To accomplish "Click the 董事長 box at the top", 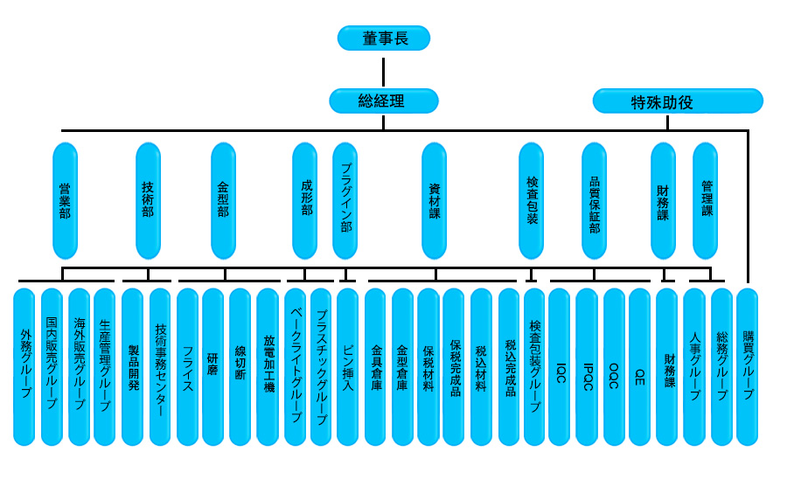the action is pyautogui.click(x=384, y=38).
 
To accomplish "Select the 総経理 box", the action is pyautogui.click(x=384, y=101).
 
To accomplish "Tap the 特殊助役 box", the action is pyautogui.click(x=678, y=101).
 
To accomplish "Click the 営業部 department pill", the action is pyautogui.click(x=66, y=201).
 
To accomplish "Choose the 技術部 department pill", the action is pyautogui.click(x=148, y=201).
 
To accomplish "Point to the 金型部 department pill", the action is pyautogui.click(x=223, y=201).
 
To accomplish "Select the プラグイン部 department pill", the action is pyautogui.click(x=345, y=201).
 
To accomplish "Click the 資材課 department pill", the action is pyautogui.click(x=434, y=201).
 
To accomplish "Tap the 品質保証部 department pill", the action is pyautogui.click(x=595, y=201).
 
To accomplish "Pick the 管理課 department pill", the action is pyautogui.click(x=705, y=201).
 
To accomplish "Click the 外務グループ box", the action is pyautogui.click(x=24, y=366).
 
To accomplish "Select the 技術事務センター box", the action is pyautogui.click(x=160, y=366).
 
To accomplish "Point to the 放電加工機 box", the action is pyautogui.click(x=268, y=366).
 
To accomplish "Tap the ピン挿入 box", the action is pyautogui.click(x=347, y=366).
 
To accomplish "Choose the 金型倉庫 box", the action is pyautogui.click(x=402, y=366).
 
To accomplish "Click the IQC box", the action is pyautogui.click(x=559, y=366).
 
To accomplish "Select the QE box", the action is pyautogui.click(x=639, y=366).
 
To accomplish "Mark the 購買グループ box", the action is pyautogui.click(x=748, y=366).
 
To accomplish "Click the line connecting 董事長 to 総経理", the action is pyautogui.click(x=384, y=73).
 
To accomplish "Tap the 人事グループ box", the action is pyautogui.click(x=694, y=366).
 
